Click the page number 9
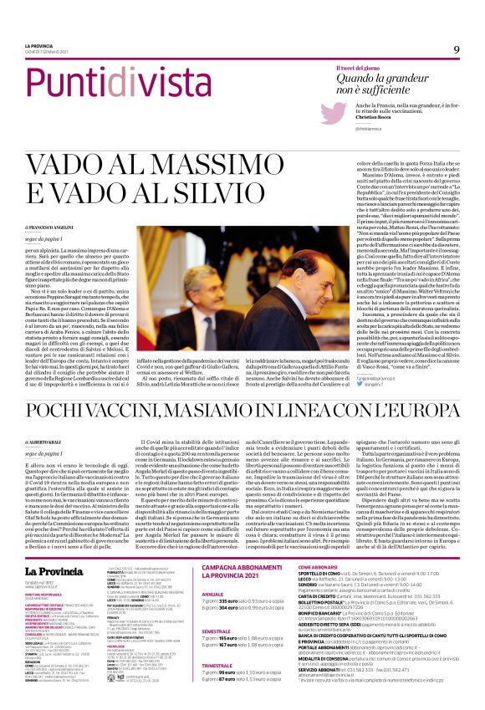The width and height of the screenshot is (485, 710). (x=457, y=49)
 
